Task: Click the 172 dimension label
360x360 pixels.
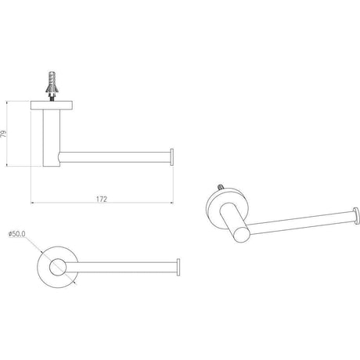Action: pyautogui.click(x=102, y=199)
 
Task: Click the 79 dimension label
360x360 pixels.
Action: pyautogui.click(x=3, y=134)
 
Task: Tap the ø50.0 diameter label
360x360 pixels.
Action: pyautogui.click(x=17, y=234)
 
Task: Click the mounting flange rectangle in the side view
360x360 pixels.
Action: pyautogui.click(x=52, y=105)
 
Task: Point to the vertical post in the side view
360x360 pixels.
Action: pyautogui.click(x=52, y=138)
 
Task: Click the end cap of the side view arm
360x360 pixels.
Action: pyautogui.click(x=171, y=157)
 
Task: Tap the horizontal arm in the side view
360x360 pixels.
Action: pyautogui.click(x=115, y=157)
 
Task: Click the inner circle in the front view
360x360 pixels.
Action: pyautogui.click(x=57, y=267)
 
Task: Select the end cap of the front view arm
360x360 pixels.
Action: pyautogui.click(x=178, y=267)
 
